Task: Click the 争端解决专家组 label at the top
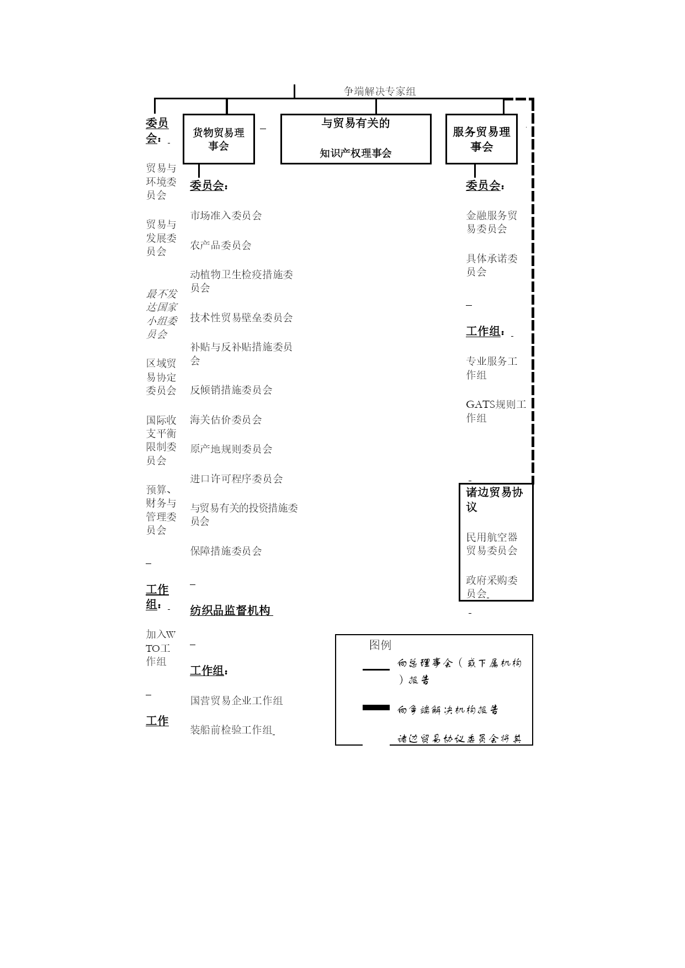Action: pyautogui.click(x=380, y=91)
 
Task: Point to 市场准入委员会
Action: pyautogui.click(x=226, y=215)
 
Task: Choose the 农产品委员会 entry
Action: pyautogui.click(x=221, y=245)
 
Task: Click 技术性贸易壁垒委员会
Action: pyautogui.click(x=241, y=317)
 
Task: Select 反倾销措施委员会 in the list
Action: pyautogui.click(x=231, y=390)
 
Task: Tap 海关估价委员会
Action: pyautogui.click(x=226, y=419)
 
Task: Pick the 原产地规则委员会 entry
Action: pyautogui.click(x=231, y=449)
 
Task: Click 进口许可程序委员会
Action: pyautogui.click(x=236, y=478)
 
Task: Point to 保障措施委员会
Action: pyautogui.click(x=226, y=551)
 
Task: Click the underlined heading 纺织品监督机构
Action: pyautogui.click(x=231, y=610)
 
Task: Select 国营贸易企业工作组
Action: pyautogui.click(x=236, y=700)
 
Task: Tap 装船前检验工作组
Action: pyautogui.click(x=231, y=730)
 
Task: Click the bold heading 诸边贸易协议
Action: pyautogui.click(x=494, y=499)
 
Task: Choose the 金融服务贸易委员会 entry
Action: pyautogui.click(x=492, y=222)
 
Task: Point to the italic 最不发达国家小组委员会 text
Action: pyautogui.click(x=162, y=313)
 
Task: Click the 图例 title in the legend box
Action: pyautogui.click(x=380, y=645)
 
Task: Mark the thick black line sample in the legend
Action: pyautogui.click(x=376, y=708)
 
